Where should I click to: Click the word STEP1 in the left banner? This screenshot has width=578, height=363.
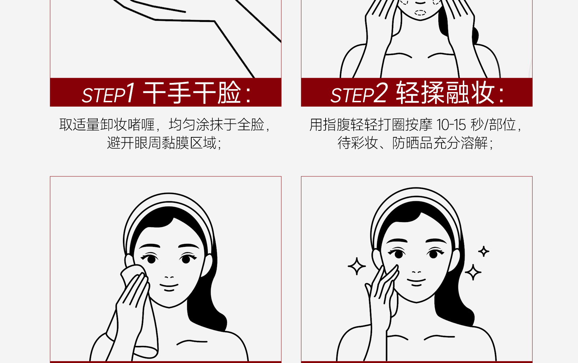(108, 93)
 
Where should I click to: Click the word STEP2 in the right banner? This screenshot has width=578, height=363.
(359, 93)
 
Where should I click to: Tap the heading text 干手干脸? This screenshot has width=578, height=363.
(192, 92)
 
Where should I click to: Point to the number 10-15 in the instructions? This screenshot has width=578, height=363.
(451, 125)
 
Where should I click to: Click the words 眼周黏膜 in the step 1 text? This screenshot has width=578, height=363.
(162, 143)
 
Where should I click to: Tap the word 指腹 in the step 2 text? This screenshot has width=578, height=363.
(336, 125)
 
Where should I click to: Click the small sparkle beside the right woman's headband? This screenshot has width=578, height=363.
(484, 251)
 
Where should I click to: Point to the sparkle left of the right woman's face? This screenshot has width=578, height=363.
(357, 266)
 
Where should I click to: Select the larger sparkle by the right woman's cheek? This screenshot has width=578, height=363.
(473, 272)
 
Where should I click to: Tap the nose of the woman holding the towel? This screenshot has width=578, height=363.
(169, 277)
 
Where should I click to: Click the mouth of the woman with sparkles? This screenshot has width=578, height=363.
(416, 282)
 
